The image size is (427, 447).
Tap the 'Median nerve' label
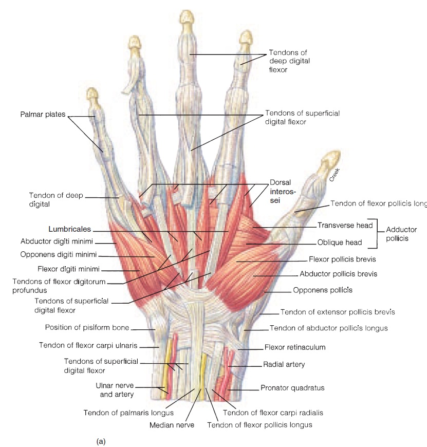pos(172,425)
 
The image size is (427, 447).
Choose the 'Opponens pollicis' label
pos(322,290)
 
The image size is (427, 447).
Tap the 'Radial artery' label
pos(284,364)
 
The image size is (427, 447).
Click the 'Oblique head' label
pos(340,243)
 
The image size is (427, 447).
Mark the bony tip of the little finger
pos(92,94)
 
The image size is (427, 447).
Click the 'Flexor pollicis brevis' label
pos(343,259)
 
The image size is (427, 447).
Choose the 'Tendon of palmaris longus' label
pos(128,412)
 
